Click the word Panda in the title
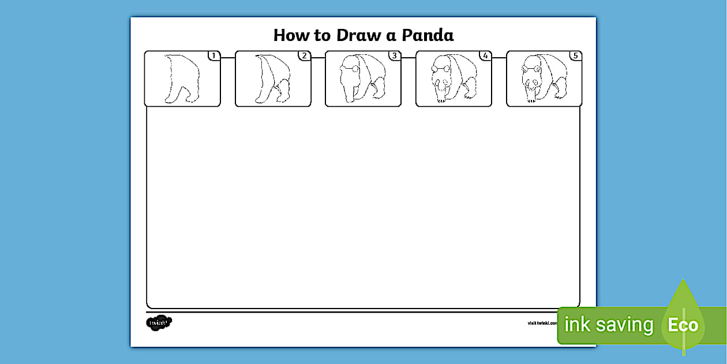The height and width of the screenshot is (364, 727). coord(428,35)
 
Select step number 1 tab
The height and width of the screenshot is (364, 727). coord(214,56)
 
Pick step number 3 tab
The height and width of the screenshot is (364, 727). coord(395,56)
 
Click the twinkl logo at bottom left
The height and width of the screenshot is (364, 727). coord(159,322)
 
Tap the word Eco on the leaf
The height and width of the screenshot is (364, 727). coord(683,325)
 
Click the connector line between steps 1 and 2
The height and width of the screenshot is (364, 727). coord(227,58)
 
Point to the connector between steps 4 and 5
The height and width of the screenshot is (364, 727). coord(499,58)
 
